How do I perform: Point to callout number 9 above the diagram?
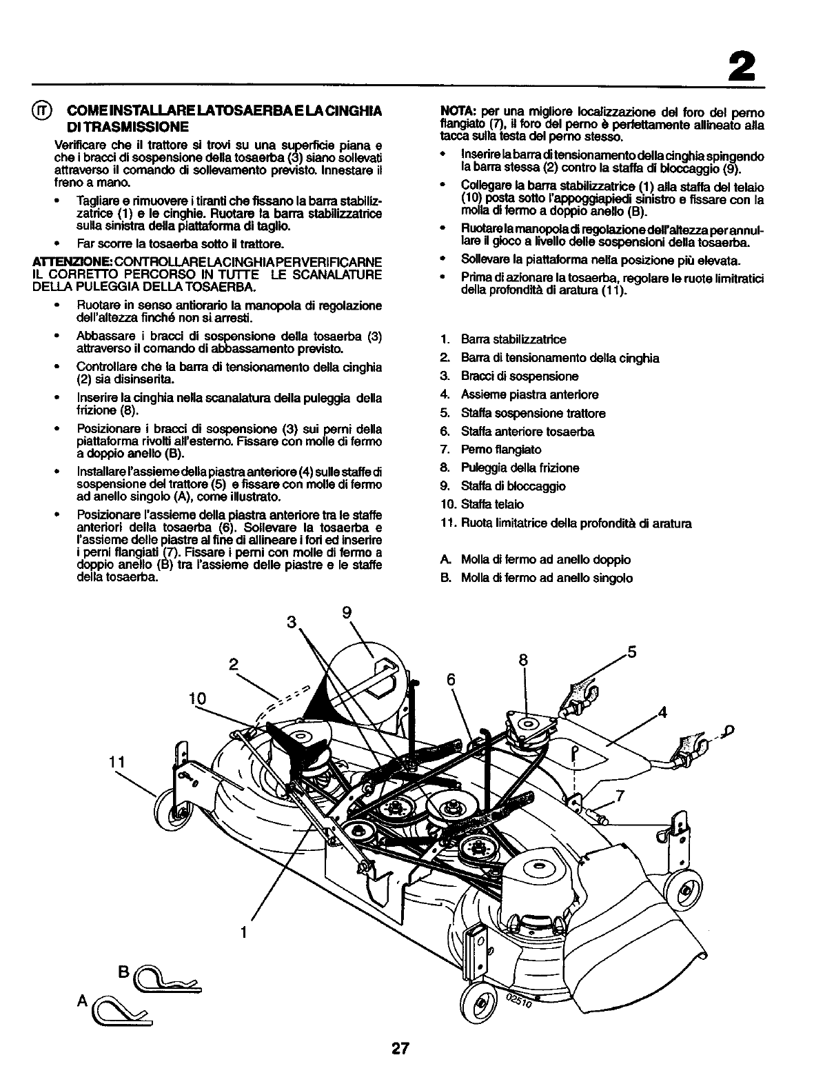pyautogui.click(x=346, y=612)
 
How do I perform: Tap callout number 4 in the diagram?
pyautogui.click(x=663, y=712)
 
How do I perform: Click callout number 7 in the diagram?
pyautogui.click(x=620, y=796)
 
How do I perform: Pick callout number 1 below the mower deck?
pyautogui.click(x=243, y=933)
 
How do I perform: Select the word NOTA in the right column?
pyautogui.click(x=454, y=112)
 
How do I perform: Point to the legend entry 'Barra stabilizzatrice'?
pyautogui.click(x=513, y=339)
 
